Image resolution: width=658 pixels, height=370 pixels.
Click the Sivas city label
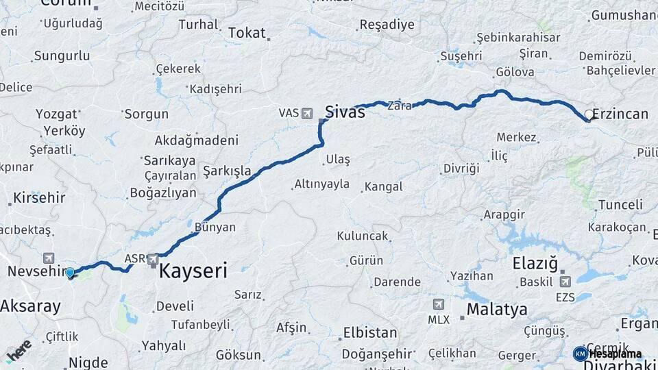345,112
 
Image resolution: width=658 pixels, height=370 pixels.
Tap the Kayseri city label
193,271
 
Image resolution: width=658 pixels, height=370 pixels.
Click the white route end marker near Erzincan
589,115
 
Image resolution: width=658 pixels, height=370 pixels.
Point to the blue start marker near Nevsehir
70,273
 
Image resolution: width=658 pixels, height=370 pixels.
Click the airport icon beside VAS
306,112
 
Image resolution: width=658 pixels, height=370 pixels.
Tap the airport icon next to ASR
152,260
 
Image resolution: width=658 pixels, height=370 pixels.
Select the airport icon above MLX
439,304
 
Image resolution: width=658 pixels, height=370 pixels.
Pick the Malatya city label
497,310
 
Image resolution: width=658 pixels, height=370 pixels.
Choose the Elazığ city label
535,264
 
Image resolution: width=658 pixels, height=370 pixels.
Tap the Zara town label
399,106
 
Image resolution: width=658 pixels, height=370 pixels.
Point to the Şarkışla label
227,170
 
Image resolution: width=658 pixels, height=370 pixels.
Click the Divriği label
461,169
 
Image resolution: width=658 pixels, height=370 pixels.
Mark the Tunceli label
620,204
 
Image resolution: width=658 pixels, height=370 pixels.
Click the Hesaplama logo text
615,354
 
